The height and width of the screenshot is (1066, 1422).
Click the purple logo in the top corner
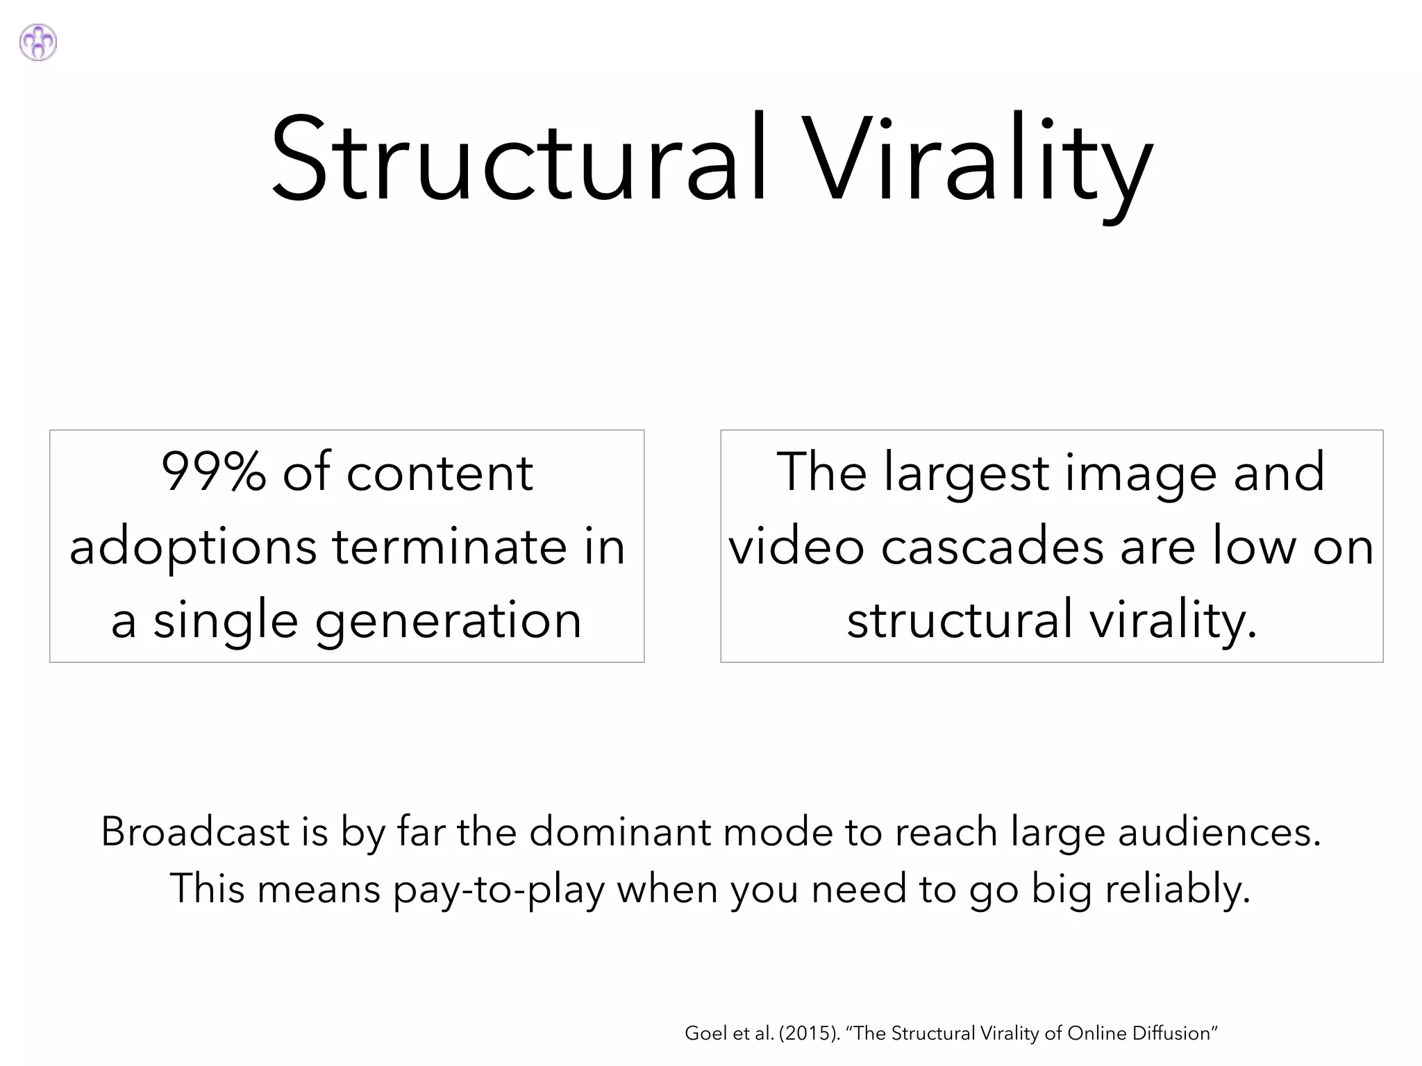[x=38, y=42]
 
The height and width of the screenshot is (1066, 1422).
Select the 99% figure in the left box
[x=214, y=472]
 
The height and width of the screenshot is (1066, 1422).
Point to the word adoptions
[x=193, y=546]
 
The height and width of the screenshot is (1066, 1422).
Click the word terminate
[x=449, y=546]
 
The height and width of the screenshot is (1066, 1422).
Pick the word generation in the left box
[x=448, y=620]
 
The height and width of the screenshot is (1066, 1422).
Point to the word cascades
[x=993, y=546]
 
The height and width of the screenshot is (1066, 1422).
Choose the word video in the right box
[x=796, y=546]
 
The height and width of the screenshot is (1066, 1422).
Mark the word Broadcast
[x=195, y=831]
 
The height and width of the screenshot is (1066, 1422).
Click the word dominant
[x=625, y=831]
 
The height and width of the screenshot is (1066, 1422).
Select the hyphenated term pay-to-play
[x=499, y=889]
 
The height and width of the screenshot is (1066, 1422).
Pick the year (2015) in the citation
[x=810, y=1033]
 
